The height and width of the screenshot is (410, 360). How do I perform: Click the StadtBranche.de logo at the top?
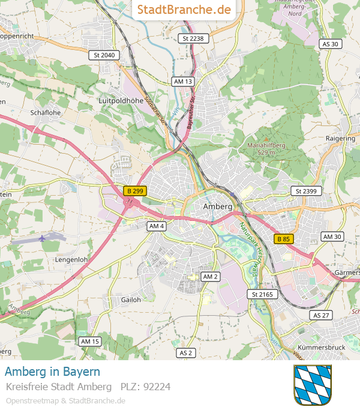(184, 10)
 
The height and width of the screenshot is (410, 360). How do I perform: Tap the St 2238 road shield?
(193, 38)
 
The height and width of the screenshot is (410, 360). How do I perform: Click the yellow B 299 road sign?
(135, 191)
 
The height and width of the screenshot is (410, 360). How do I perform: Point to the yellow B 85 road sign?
(284, 239)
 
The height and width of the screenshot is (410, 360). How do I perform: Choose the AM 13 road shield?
(182, 81)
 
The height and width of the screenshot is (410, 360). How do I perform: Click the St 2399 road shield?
(306, 191)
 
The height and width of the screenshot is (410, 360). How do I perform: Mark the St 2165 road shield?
(262, 294)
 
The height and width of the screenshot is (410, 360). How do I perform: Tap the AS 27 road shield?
(321, 315)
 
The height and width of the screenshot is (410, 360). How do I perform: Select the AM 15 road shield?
(90, 341)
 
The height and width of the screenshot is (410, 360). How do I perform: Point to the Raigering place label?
(340, 138)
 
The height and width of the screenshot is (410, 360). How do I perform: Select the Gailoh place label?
(131, 300)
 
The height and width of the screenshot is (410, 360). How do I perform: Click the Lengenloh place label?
(71, 259)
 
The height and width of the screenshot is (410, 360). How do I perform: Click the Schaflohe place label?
(46, 112)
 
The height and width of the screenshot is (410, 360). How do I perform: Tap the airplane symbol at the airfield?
(42, 238)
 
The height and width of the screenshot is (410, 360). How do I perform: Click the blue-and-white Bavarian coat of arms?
(312, 385)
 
